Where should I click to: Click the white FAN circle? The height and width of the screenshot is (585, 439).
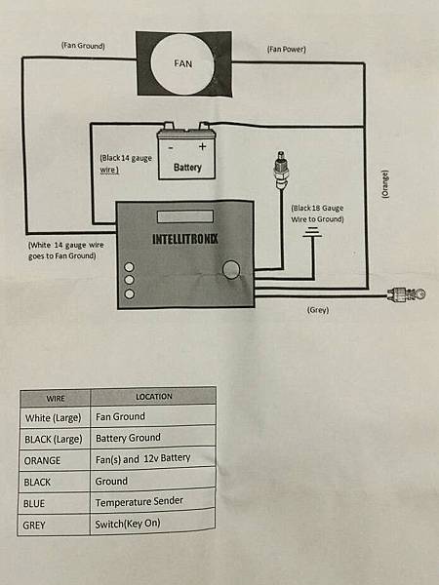183,63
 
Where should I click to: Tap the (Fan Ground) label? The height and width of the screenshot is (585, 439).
83,46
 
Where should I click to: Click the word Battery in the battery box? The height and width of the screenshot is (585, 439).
187,167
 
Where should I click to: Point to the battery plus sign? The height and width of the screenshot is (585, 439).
203,146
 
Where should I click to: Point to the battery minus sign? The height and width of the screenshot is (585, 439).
172,146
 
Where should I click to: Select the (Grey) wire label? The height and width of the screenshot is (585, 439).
317,310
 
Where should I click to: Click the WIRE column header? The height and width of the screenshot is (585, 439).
55,398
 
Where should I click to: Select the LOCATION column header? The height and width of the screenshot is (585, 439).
154,397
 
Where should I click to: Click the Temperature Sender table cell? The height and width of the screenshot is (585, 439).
139,502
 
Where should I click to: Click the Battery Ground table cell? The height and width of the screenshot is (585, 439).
128,438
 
